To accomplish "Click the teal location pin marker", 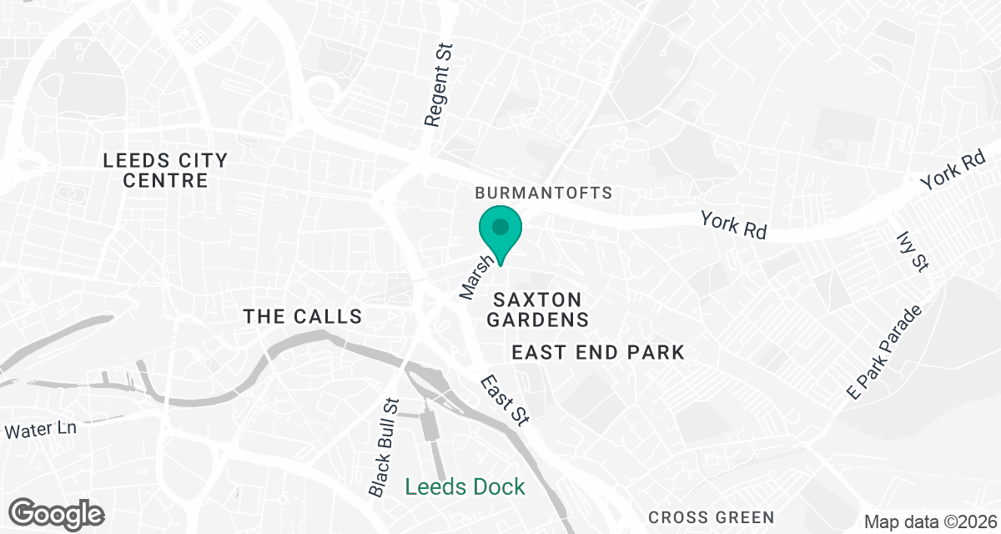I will pos(500,234).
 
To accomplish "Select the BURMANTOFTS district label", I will pos(543,193).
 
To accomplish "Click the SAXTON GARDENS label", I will pos(538,309).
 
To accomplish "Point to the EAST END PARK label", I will pos(598,353).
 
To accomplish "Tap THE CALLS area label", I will pos(302,316).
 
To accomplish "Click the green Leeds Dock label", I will pos(465,486).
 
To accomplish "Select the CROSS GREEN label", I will pos(711,517).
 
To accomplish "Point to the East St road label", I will pos(504,400).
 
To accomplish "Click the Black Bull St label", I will pos(385,447).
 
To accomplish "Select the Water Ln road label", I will pos(40,431).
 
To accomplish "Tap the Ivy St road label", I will pos(911,251).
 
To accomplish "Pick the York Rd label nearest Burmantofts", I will pos(733,225).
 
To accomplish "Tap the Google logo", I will pos(57,513).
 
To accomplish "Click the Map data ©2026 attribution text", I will pos(929,522).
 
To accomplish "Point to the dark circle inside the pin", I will pos(500,226).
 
